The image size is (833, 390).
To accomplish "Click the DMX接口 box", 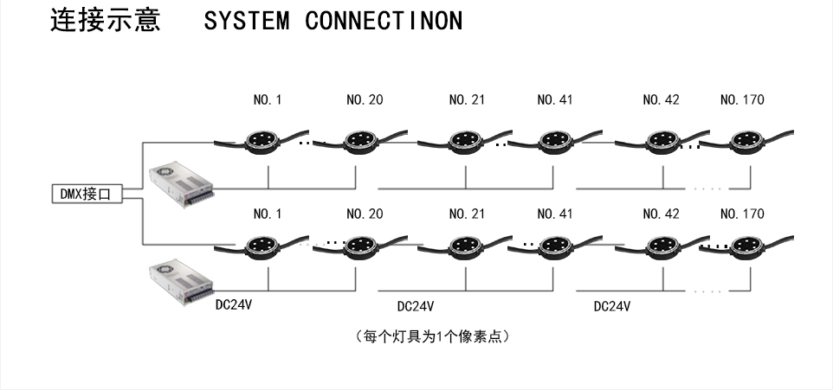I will (86, 195).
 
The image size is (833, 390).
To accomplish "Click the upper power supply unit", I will (180, 183).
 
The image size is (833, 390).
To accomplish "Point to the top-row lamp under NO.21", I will (461, 139).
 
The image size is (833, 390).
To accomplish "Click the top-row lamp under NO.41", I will (552, 139).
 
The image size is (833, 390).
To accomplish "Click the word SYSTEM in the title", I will (247, 22).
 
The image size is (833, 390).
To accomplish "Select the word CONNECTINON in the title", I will (384, 22).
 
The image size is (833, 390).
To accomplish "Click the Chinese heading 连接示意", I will (107, 21).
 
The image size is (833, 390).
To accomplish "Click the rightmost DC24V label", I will (612, 306).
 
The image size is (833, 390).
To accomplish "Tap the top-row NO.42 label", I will (661, 100).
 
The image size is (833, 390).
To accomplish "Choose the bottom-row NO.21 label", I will (467, 214).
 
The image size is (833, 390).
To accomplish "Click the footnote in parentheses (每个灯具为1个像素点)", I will (431, 336).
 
